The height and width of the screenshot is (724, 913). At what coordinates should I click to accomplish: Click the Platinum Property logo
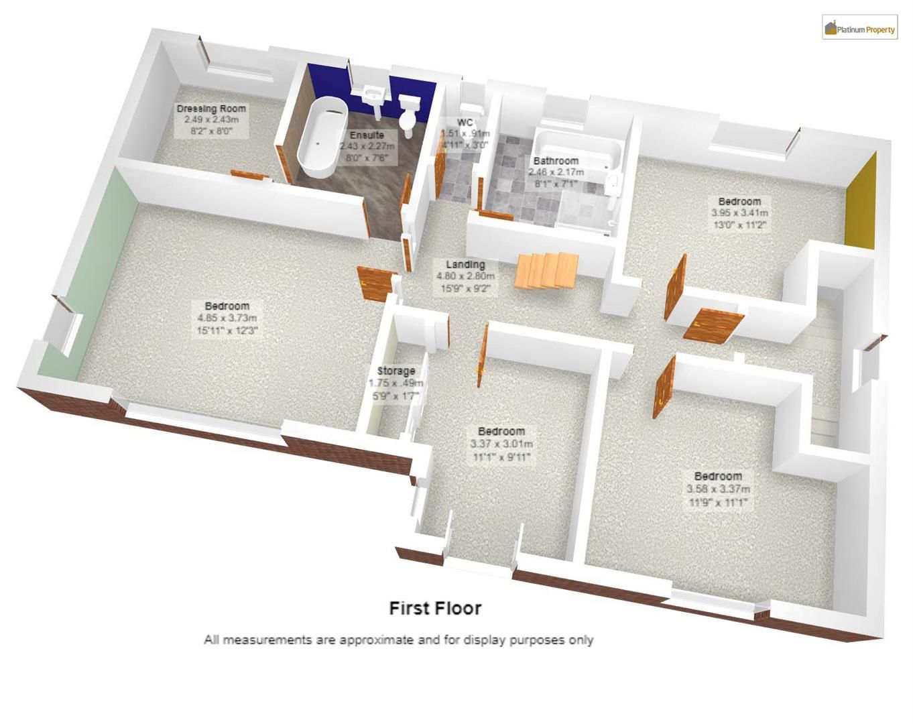click(859, 27)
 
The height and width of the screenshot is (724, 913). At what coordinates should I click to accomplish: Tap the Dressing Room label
click(211, 109)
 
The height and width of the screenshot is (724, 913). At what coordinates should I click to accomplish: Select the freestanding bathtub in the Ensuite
click(322, 138)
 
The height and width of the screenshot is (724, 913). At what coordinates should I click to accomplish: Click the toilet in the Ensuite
click(408, 113)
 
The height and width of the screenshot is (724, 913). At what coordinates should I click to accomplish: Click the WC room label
click(465, 123)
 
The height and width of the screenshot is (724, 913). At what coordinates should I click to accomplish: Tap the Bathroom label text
click(556, 161)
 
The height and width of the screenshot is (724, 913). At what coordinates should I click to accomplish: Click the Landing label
click(465, 264)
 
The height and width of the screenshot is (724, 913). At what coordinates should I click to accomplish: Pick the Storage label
click(395, 371)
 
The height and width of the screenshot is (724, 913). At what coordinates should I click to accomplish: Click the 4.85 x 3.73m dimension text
click(227, 318)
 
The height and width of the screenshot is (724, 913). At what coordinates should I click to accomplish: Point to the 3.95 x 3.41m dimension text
click(739, 213)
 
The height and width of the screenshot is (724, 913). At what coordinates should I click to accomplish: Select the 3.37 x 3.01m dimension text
click(501, 444)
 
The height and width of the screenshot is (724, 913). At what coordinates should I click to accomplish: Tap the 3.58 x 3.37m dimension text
click(718, 489)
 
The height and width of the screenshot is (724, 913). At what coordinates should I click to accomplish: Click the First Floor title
click(435, 609)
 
